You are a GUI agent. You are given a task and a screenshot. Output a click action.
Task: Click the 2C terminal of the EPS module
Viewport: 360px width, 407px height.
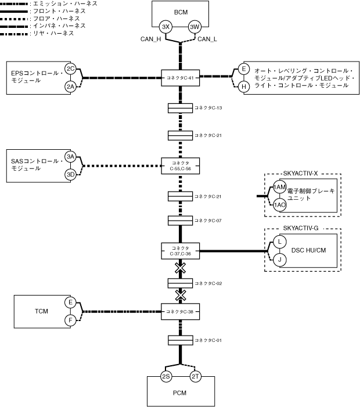(71, 69)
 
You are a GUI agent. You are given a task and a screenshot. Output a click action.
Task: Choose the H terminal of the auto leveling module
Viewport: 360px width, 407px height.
(244, 86)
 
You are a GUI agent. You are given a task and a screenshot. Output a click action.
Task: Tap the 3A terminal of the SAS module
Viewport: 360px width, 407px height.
(71, 157)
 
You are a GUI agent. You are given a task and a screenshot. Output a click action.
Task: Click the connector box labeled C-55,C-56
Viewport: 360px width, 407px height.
(180, 165)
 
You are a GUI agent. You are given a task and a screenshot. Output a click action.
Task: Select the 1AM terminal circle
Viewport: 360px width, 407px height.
(280, 187)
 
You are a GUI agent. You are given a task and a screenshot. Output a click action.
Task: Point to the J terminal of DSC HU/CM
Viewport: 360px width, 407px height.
(279, 260)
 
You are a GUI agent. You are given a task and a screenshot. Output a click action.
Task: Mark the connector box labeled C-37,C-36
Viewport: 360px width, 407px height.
(180, 250)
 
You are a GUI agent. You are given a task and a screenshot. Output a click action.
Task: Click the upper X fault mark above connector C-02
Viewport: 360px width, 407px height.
(181, 268)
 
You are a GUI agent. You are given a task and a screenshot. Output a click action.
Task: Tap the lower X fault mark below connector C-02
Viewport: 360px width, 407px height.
(181, 295)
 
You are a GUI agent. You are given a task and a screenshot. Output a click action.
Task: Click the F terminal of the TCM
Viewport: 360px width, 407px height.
(71, 320)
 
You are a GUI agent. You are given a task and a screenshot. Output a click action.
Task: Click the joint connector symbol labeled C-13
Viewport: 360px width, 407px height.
(180, 109)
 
